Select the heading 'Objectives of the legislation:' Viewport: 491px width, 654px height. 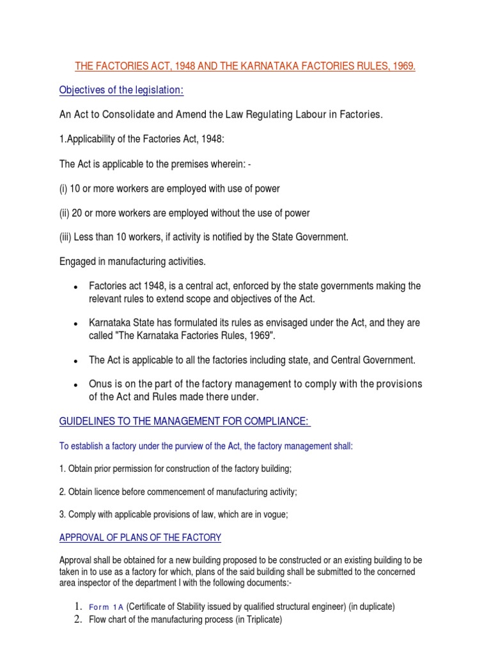tap(121, 91)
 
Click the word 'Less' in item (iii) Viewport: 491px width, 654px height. tap(86, 237)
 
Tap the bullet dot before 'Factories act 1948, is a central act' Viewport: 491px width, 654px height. tap(76, 286)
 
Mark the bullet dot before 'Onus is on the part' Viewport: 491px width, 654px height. tap(76, 384)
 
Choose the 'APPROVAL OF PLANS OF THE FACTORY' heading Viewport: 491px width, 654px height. tap(140, 538)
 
